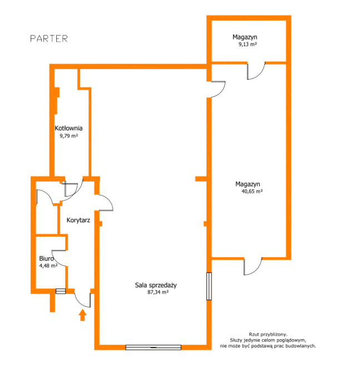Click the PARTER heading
49,38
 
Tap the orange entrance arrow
82,315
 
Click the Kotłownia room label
68,128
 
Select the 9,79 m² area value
69,136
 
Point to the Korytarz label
78,220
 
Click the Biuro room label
46,258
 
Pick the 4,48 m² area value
48,266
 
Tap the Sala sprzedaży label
156,285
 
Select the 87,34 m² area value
158,292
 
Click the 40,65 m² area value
252,191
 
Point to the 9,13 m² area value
248,44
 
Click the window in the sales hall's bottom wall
154,348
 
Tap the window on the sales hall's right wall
209,286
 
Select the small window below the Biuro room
61,291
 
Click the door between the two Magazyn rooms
257,71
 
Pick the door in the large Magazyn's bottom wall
253,266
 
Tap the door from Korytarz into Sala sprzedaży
106,203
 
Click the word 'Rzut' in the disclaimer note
254,335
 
